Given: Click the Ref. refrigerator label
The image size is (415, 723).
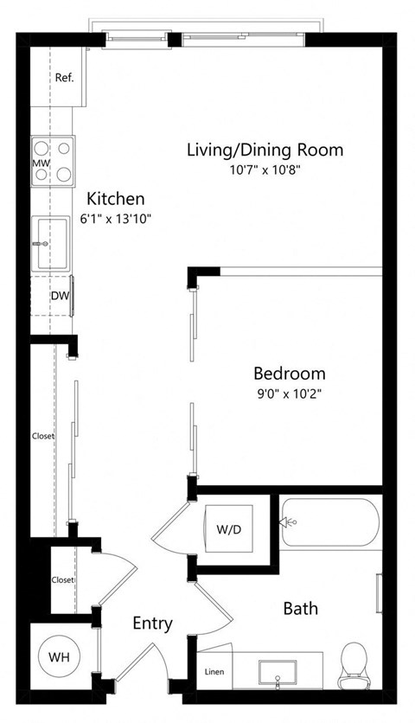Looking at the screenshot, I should coord(64,78).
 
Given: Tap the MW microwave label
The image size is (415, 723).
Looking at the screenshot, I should coord(40,162).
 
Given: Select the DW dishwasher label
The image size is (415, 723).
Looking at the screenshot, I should coord(59,296).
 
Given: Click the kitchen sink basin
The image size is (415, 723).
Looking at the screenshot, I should coord(52,243).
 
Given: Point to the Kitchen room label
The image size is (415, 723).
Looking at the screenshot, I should coord(115,199).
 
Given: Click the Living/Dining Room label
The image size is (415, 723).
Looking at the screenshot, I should coord(265,150).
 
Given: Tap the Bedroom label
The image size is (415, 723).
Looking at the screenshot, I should coord(289,374).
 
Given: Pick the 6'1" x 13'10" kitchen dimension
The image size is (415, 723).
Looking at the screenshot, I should coord(117,219).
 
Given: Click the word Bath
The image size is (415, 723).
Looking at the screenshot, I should coord(300,609).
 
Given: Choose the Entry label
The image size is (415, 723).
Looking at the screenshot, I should coord(152,624).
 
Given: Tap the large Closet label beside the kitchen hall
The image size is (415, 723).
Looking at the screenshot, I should coord(42,436).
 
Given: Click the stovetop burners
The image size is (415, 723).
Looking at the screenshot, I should coord(52,162).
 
